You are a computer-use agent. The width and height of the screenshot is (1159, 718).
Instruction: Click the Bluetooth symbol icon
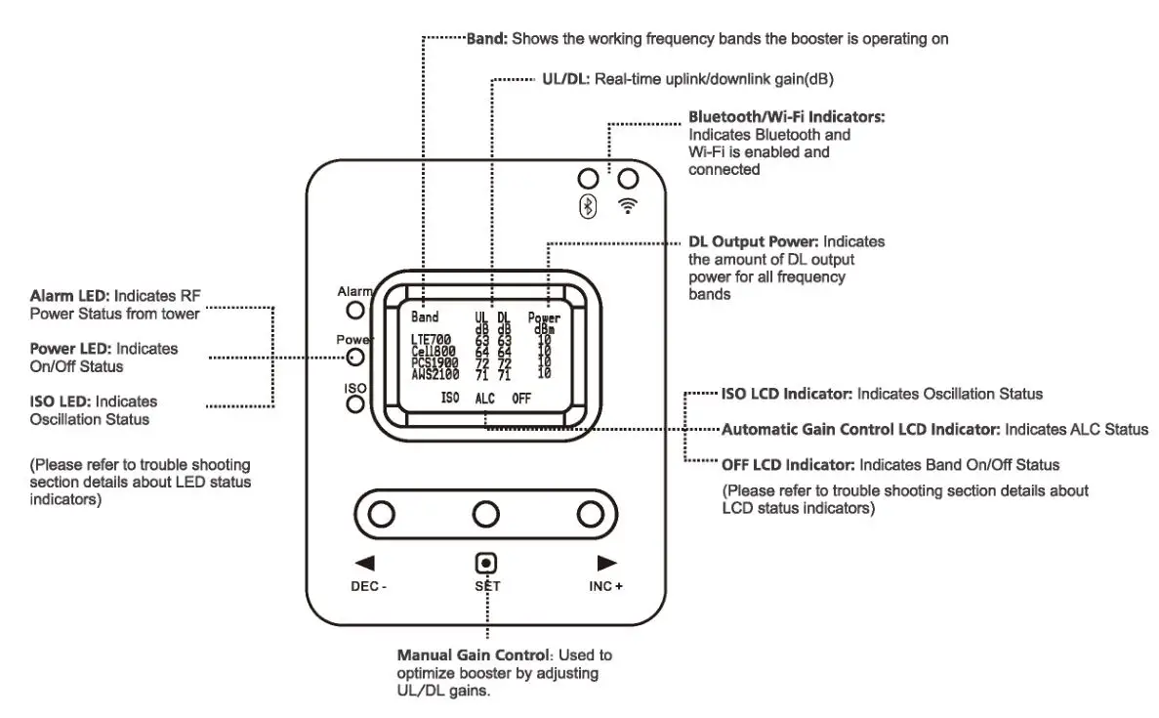(588, 206)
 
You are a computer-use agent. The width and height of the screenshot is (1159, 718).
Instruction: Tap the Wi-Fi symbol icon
(629, 205)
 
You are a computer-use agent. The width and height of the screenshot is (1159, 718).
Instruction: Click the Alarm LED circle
(356, 311)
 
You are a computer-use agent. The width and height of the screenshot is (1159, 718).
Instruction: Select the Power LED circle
(356, 359)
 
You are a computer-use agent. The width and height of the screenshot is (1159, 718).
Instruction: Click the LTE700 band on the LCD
(432, 340)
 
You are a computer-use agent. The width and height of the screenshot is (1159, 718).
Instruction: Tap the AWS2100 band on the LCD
(435, 373)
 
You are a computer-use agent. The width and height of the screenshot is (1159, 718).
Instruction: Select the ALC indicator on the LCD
(485, 399)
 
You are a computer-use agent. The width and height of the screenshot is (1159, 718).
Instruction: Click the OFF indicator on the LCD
(521, 399)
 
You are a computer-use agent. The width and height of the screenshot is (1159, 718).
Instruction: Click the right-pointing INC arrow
(606, 563)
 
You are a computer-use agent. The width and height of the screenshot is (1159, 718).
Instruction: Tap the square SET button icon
(485, 564)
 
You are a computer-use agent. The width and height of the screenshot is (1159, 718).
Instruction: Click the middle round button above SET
(485, 514)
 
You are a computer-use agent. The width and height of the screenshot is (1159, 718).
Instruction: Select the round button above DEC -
(382, 514)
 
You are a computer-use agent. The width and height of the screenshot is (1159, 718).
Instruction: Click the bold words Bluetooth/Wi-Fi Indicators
(786, 116)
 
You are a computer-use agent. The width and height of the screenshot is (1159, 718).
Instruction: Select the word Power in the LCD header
(544, 317)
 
